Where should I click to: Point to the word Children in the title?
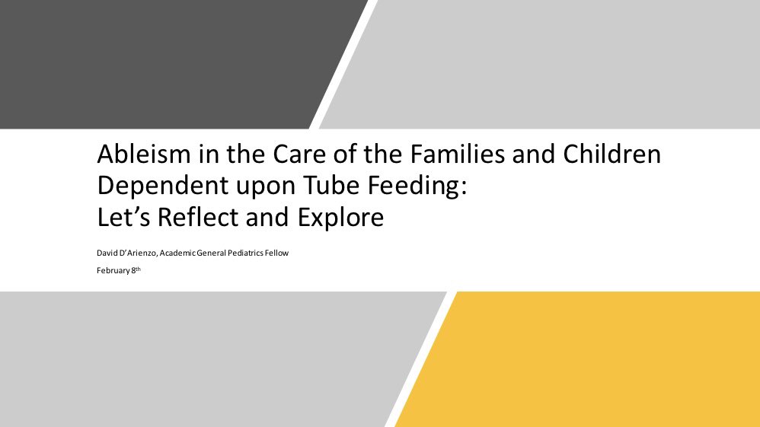(612, 156)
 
